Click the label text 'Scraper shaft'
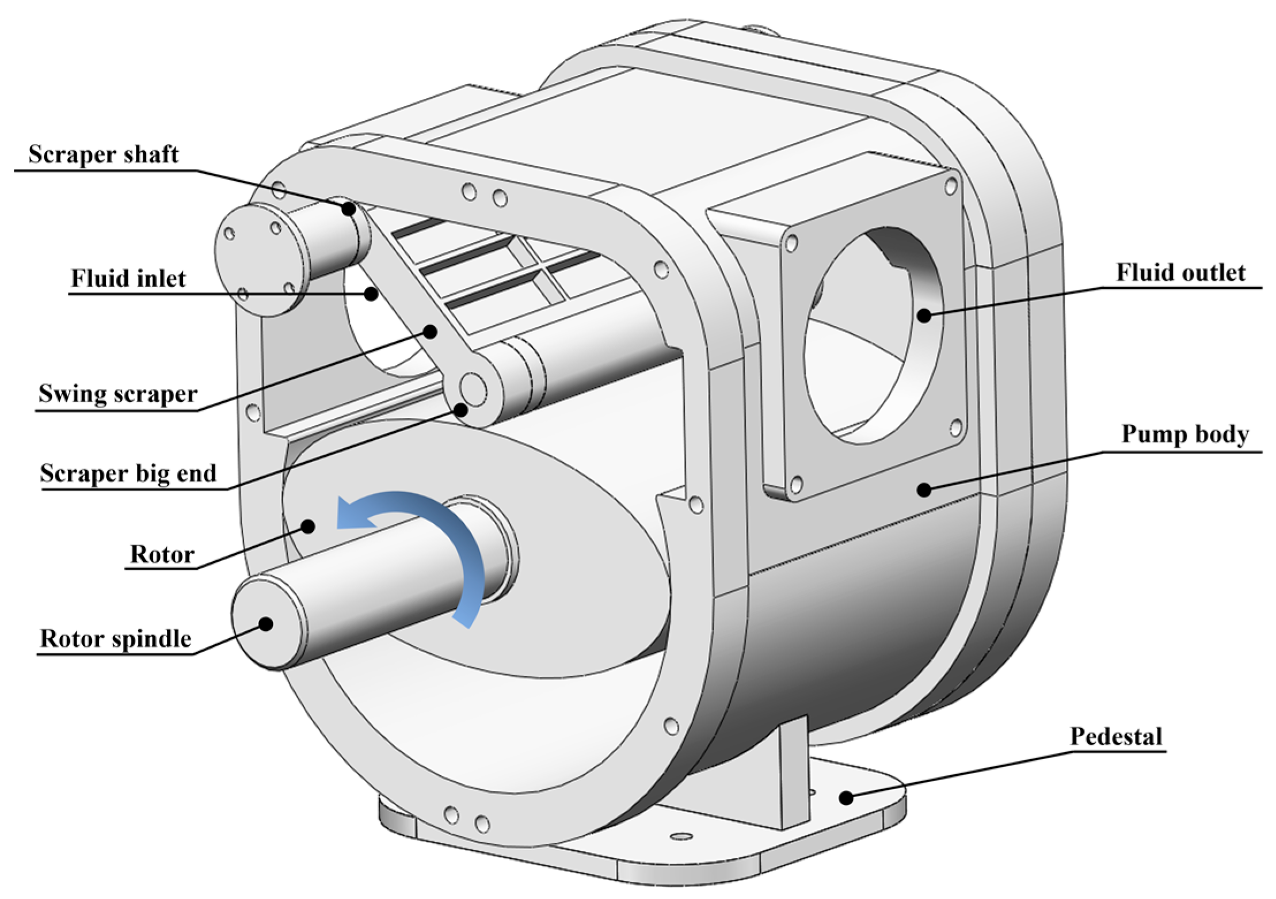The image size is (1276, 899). pos(104,154)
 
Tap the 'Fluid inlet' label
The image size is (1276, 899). pos(128,279)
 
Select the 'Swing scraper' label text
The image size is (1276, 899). pos(118,394)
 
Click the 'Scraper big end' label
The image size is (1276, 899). pos(128,473)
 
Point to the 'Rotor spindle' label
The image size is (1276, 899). pos(116,639)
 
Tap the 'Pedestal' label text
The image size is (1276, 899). pos(1116,736)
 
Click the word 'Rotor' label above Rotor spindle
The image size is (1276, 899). pos(162,554)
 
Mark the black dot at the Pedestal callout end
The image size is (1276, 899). pos(845,798)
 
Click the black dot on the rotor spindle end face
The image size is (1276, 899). pos(265,623)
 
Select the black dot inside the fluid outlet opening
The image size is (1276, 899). pos(924,315)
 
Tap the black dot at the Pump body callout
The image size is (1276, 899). pos(924,490)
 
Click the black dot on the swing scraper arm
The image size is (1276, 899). pos(429,331)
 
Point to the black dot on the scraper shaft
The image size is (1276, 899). pos(348,208)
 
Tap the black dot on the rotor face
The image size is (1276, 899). pos(308,526)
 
